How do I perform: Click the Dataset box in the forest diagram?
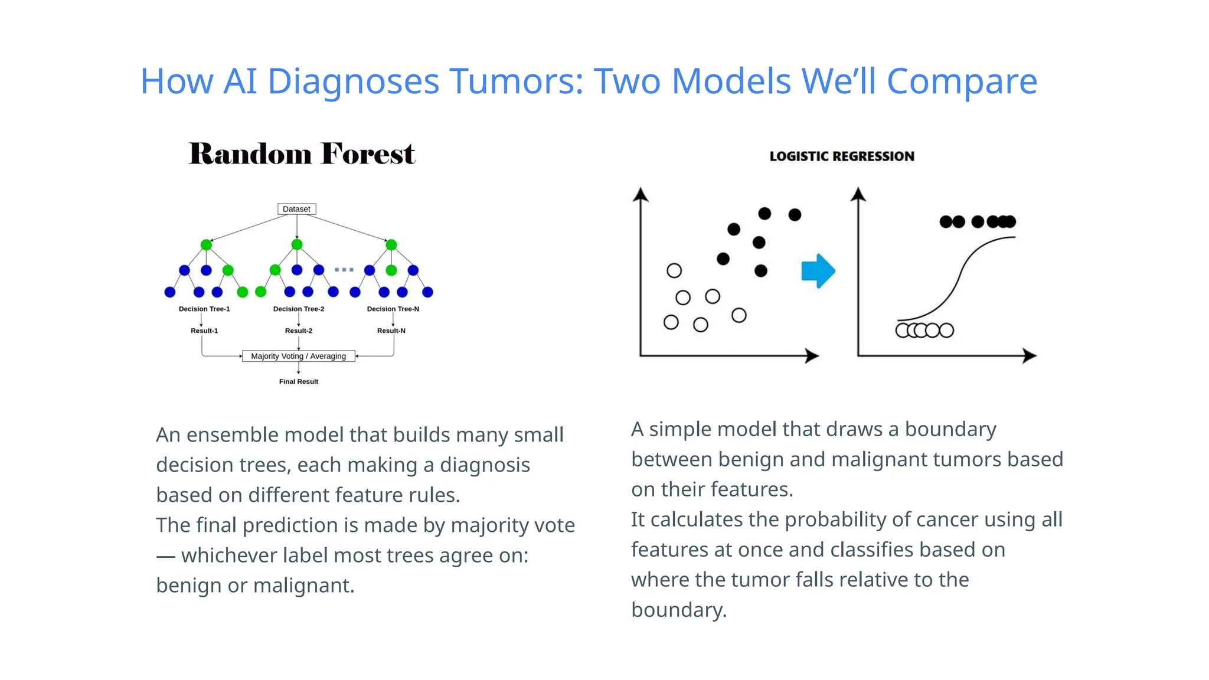click(x=296, y=209)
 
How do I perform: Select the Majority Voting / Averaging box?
click(x=298, y=356)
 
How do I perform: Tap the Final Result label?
click(x=298, y=381)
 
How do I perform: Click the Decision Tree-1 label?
click(x=204, y=309)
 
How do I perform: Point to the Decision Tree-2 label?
click(x=298, y=309)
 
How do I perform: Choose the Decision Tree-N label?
click(x=393, y=309)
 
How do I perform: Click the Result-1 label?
click(x=204, y=331)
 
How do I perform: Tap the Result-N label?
click(x=391, y=331)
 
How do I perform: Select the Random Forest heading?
click(x=302, y=153)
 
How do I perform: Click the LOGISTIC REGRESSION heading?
click(x=842, y=156)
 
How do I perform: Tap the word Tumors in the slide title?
click(x=517, y=81)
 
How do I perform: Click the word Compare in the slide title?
click(x=962, y=81)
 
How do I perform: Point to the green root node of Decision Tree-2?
click(x=297, y=244)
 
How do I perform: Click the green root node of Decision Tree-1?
click(x=206, y=244)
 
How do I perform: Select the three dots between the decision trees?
click(x=344, y=270)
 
